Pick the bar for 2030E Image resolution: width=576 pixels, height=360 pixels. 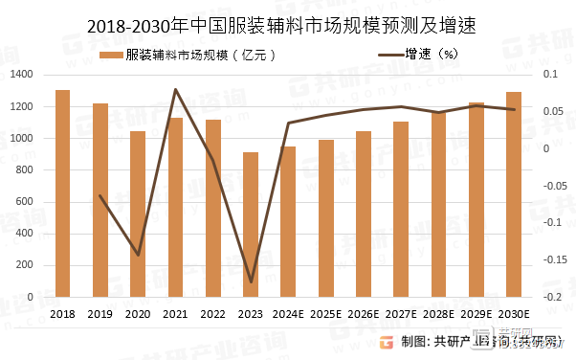(x=514, y=195)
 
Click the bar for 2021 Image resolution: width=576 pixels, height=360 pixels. (x=175, y=208)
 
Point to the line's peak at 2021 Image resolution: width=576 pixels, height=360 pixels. (x=175, y=89)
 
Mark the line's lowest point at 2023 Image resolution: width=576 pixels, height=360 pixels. (x=251, y=282)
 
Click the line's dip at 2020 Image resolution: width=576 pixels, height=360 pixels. (x=138, y=255)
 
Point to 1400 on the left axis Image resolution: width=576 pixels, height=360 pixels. (x=23, y=75)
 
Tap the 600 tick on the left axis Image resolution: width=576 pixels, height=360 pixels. (x=26, y=202)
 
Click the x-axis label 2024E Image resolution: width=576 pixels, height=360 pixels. (x=288, y=314)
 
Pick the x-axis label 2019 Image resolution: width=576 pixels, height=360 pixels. (x=100, y=314)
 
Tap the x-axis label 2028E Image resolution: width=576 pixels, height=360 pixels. (x=438, y=314)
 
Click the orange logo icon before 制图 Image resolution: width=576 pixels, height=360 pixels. (x=388, y=342)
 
